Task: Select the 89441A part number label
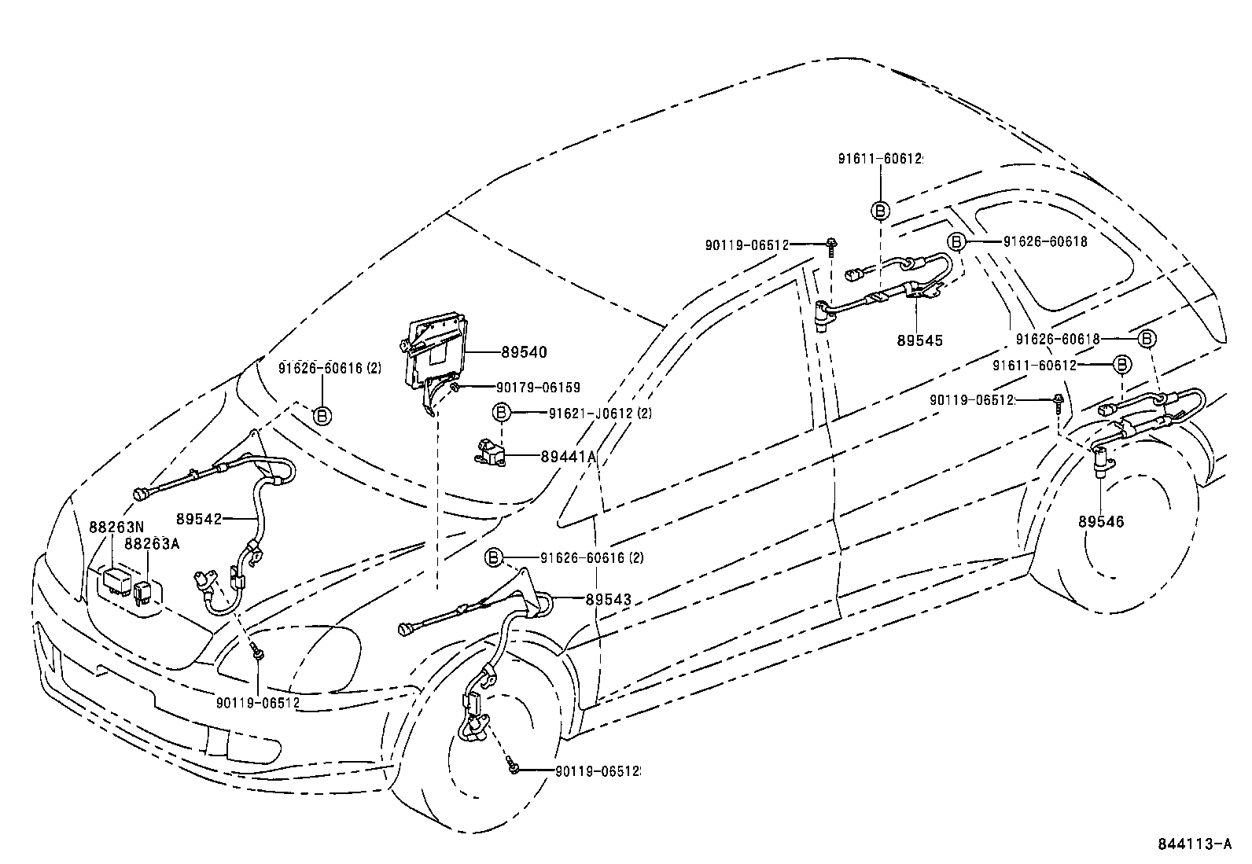(568, 456)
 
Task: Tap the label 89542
(200, 519)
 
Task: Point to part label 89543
(608, 599)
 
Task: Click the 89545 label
(919, 340)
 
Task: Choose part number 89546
(1101, 521)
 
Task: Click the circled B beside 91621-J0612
(501, 413)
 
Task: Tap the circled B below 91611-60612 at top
(880, 210)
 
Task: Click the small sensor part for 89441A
(492, 451)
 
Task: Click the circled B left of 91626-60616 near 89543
(493, 557)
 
